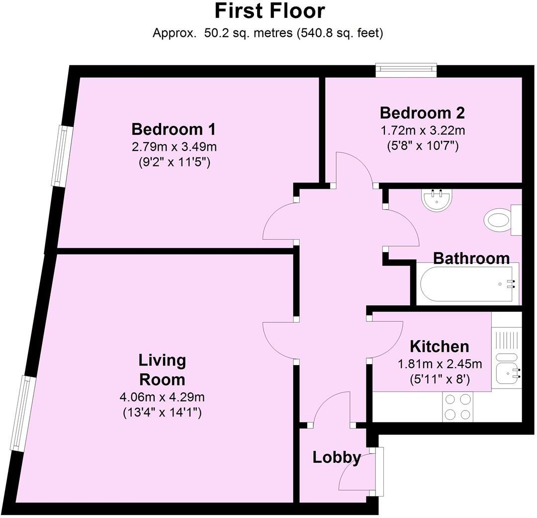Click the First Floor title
pos(269,11)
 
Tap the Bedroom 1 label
pos(174,129)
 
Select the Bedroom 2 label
pos(422,113)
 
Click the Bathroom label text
pos(471,258)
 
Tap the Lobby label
pos(337,457)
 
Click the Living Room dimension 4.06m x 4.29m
pos(162,397)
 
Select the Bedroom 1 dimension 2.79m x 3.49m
pos(174,147)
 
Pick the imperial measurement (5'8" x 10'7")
pos(422,146)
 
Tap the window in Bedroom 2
pos(406,70)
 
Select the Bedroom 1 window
pos(61,156)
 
